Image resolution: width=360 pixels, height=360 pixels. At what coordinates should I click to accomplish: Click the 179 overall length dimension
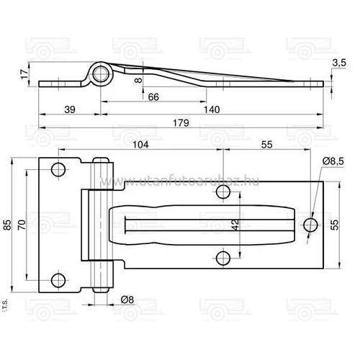click(x=181, y=123)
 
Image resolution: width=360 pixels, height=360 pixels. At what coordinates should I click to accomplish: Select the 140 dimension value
click(x=211, y=109)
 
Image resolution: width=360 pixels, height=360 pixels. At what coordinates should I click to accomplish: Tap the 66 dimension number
click(x=153, y=96)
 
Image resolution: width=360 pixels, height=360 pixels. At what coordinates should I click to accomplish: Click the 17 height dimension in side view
click(x=24, y=73)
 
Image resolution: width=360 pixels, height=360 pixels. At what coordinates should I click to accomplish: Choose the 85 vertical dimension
click(x=8, y=225)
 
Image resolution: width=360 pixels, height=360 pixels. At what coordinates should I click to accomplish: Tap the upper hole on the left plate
click(x=58, y=170)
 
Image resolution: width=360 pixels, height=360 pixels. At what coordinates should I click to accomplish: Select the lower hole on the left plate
click(x=58, y=279)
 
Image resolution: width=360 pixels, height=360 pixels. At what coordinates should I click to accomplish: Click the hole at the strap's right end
click(x=310, y=225)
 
